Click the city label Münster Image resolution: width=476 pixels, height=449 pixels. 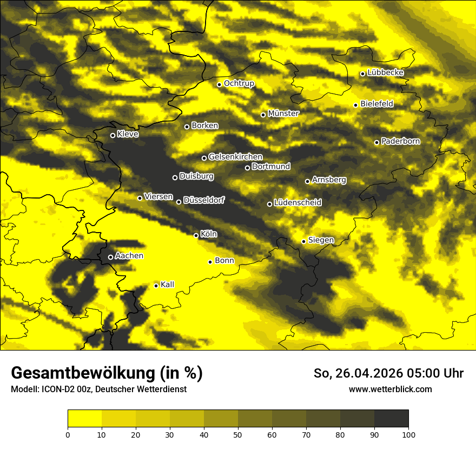pos(283,114)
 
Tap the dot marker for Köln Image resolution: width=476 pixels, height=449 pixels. pos(196,235)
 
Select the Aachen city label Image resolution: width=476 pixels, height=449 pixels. pos(129,256)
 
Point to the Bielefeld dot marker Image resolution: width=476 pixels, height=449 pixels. pos(355,105)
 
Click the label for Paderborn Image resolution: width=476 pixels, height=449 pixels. pos(400,141)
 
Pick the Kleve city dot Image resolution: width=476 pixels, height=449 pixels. pos(113,135)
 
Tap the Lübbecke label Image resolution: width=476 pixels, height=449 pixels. pos(385,72)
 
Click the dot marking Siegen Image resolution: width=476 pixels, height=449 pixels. pos(303,241)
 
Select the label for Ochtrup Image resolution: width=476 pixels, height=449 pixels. pos(239,83)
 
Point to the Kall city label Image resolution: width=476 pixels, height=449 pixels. pos(168,285)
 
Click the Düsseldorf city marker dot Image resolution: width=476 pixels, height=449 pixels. pos(178,202)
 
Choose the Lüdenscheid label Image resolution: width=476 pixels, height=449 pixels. pos(297,203)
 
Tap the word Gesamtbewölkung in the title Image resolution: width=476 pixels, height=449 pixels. pos(81,373)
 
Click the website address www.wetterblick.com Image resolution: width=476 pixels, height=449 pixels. pos(390,389)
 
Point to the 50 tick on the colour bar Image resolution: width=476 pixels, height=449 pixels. pos(238,434)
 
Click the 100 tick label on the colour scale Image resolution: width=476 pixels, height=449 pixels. pos(408,434)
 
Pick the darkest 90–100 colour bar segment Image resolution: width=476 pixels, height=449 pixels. pos(391,419)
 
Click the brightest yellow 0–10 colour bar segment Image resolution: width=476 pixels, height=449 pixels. pos(84,419)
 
